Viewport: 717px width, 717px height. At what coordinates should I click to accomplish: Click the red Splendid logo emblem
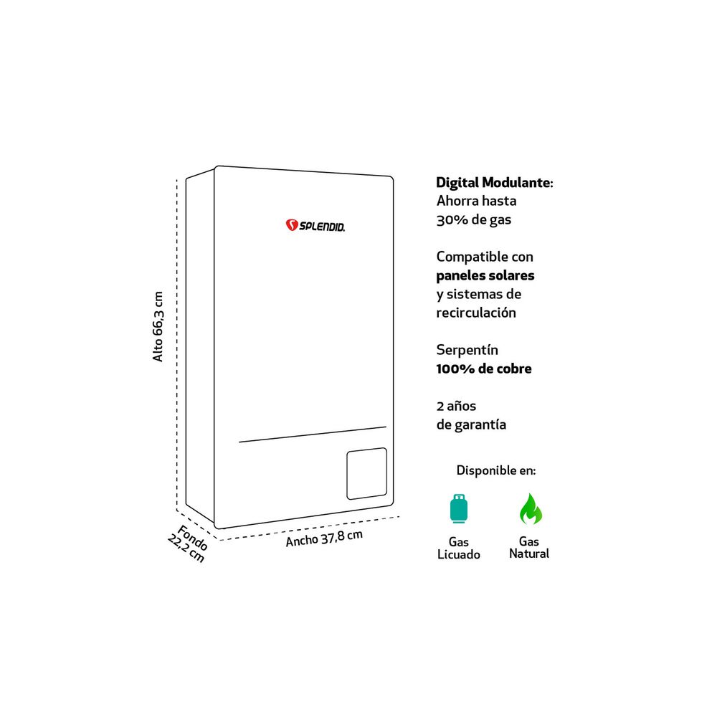(x=292, y=224)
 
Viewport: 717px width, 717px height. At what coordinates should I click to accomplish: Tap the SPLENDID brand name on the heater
(x=322, y=227)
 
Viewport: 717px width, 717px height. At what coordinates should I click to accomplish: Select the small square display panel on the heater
(x=366, y=474)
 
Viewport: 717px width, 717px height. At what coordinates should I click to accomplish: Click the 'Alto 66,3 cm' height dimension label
(x=158, y=326)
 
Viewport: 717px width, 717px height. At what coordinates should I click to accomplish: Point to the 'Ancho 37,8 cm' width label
(x=324, y=538)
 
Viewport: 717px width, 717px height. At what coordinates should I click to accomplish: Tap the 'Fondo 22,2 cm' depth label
(x=188, y=543)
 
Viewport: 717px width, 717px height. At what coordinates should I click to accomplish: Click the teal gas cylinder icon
(x=459, y=508)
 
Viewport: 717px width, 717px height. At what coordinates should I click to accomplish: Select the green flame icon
(x=531, y=508)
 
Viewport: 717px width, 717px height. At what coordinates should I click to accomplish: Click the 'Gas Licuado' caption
(x=459, y=549)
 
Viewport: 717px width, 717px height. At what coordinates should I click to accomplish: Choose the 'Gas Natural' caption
(x=529, y=547)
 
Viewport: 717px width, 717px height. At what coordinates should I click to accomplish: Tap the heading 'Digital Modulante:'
(x=495, y=182)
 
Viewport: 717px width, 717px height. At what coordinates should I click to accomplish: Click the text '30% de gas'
(x=474, y=220)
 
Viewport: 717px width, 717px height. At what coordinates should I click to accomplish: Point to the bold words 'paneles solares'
(x=485, y=275)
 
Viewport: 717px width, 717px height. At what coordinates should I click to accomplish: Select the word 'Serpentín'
(x=467, y=351)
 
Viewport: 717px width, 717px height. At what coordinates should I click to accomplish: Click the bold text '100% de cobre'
(x=484, y=369)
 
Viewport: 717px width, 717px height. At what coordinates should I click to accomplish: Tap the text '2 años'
(x=456, y=406)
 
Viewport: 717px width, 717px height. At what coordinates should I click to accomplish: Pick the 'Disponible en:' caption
(x=496, y=470)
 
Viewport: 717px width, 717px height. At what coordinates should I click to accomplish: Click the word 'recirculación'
(x=476, y=313)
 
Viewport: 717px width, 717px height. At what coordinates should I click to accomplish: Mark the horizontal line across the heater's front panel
(x=313, y=435)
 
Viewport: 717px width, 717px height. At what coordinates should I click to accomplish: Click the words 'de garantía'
(x=472, y=424)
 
